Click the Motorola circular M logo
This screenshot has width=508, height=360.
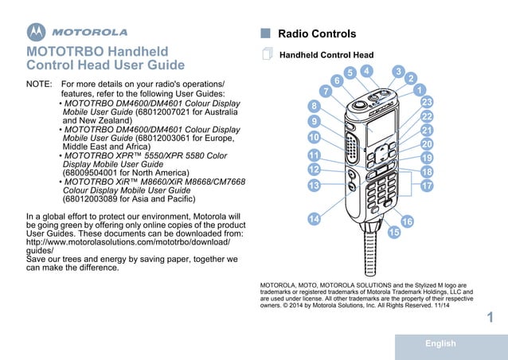pyautogui.click(x=37, y=33)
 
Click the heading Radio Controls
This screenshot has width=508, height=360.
pyautogui.click(x=317, y=34)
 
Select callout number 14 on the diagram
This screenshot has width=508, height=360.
pyautogui.click(x=315, y=218)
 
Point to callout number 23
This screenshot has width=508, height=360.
pyautogui.click(x=427, y=103)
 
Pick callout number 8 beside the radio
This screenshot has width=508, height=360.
pyautogui.click(x=315, y=106)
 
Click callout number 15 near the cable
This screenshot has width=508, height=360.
pyautogui.click(x=394, y=233)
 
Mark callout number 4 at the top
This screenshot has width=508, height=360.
pyautogui.click(x=365, y=72)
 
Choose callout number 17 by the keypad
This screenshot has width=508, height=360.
pyautogui.click(x=427, y=186)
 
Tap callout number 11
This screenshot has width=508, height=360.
pyautogui.click(x=314, y=155)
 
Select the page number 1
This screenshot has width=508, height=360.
pyautogui.click(x=490, y=318)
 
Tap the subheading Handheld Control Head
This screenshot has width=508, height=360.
pyautogui.click(x=326, y=56)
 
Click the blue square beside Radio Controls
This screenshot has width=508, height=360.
pyautogui.click(x=266, y=34)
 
